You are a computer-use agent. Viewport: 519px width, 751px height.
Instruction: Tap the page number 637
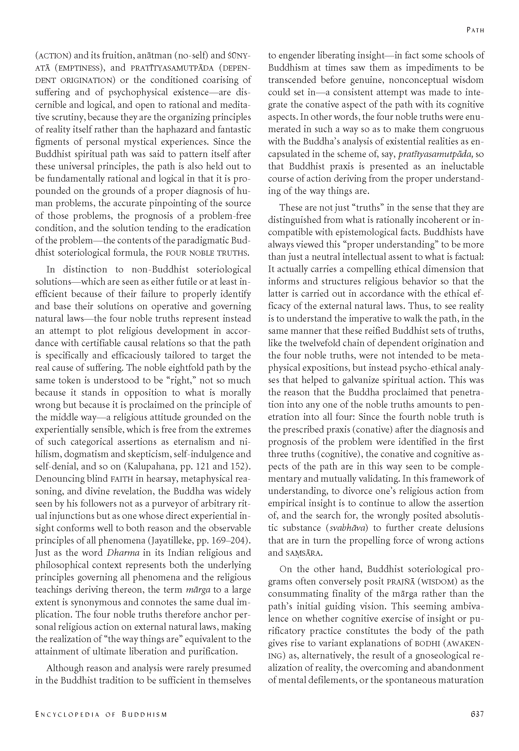[477, 714]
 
